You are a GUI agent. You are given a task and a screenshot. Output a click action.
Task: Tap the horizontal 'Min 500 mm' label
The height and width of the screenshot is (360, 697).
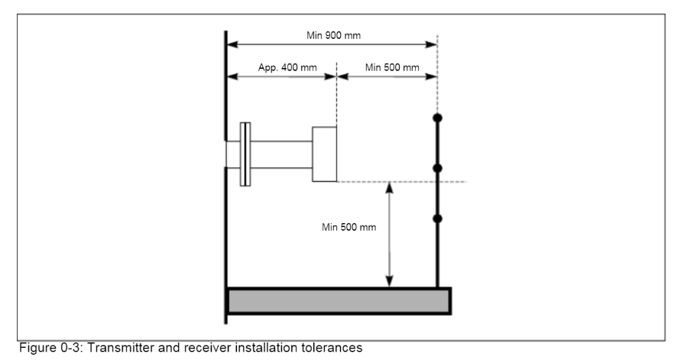tap(392, 67)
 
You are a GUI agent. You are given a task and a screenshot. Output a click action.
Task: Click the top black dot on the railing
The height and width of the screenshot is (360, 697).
tap(437, 118)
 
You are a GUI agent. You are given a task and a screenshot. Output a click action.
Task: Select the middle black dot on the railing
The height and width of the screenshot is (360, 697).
tap(437, 167)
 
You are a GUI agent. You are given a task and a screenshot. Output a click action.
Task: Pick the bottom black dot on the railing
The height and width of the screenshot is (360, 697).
tap(437, 219)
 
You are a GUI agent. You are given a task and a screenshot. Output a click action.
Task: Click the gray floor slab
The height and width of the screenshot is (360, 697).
tap(339, 300)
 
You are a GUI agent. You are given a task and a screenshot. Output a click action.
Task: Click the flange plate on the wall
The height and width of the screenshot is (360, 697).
tap(245, 154)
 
